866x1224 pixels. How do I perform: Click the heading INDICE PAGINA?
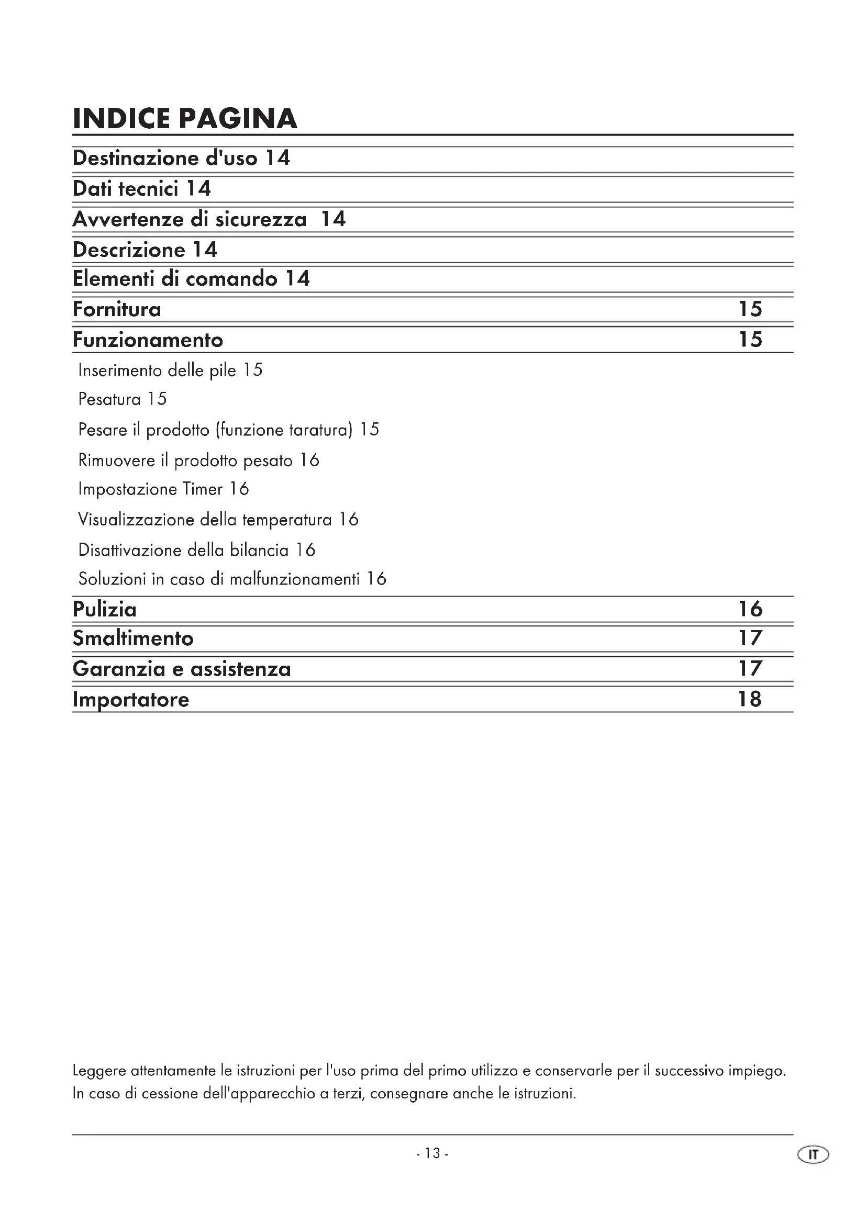[x=184, y=118]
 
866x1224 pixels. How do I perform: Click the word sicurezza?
[x=261, y=219]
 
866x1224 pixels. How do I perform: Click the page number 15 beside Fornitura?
[x=750, y=309]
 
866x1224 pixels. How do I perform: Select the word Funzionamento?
[x=148, y=340]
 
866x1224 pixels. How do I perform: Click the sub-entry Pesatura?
[x=109, y=399]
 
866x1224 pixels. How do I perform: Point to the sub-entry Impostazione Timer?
[x=150, y=489]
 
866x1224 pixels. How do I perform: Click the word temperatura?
[x=287, y=519]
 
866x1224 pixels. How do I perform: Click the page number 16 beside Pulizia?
[x=750, y=609]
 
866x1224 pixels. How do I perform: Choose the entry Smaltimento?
[x=133, y=638]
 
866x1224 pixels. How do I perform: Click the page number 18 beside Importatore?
[x=750, y=699]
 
